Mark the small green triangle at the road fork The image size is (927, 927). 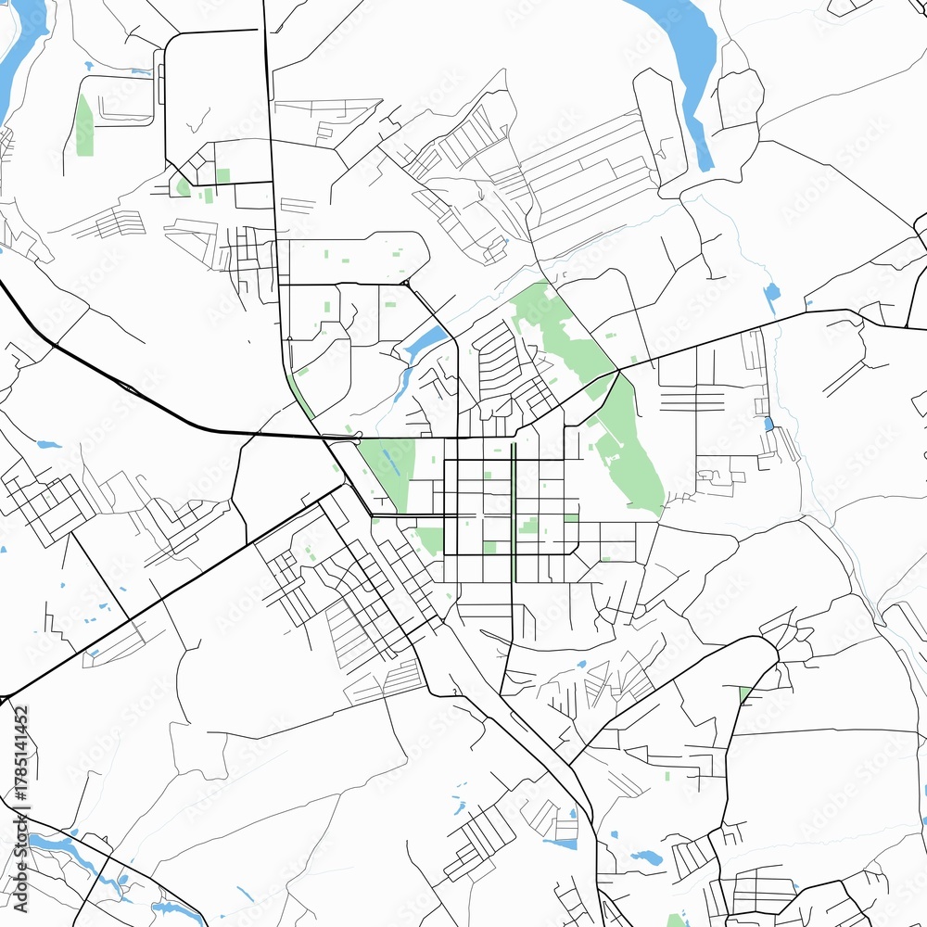(744, 693)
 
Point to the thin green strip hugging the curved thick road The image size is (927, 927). (300, 395)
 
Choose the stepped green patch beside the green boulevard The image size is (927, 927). (528, 526)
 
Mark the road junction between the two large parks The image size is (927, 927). (618, 370)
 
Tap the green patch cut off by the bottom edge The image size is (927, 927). (678, 921)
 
